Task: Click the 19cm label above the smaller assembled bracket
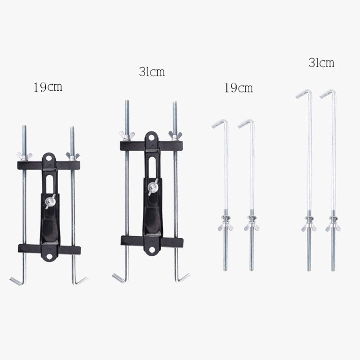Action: click(x=48, y=88)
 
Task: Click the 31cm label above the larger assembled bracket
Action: click(x=152, y=72)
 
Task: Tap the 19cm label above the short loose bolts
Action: click(x=239, y=87)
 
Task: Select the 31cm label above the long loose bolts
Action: click(x=321, y=63)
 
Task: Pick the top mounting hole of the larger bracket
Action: click(x=152, y=137)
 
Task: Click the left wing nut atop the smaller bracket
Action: click(x=23, y=156)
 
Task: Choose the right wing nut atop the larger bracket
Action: click(x=175, y=136)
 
